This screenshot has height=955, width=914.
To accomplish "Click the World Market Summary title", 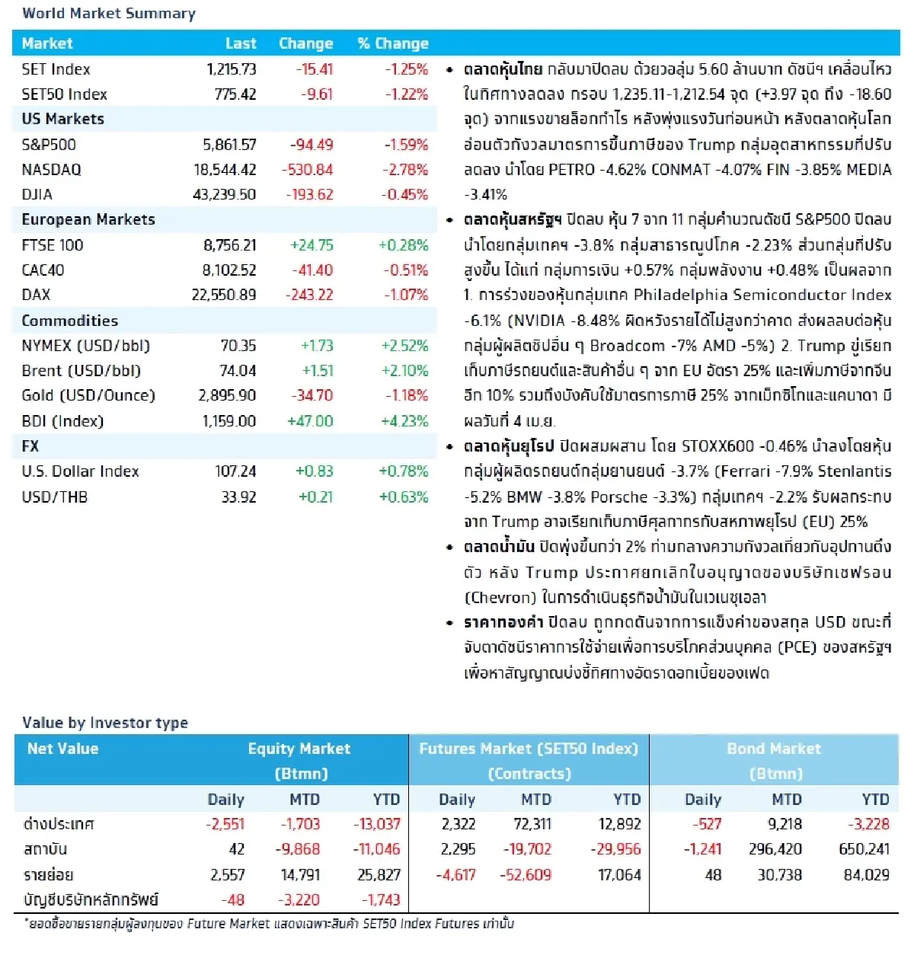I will [x=108, y=14].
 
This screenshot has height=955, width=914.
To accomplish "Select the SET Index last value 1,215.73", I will [x=231, y=69].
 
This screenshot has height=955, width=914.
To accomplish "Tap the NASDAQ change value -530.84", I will [x=308, y=170].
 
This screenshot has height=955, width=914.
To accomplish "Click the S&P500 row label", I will [x=49, y=145].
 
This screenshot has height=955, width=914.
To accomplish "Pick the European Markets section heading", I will [x=88, y=220].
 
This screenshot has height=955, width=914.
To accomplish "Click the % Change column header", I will [x=393, y=43].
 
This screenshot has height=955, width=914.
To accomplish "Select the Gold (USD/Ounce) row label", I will [x=88, y=395].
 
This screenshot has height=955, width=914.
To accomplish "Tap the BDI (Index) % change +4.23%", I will [x=404, y=421].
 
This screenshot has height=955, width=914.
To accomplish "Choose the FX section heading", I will [x=30, y=446].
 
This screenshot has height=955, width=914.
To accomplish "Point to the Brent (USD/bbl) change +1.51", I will [x=317, y=371].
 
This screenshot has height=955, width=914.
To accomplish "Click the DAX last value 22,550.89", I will [x=223, y=295].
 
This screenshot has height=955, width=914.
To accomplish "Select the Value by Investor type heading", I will [x=105, y=723].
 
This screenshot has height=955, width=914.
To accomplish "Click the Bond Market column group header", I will [x=774, y=749].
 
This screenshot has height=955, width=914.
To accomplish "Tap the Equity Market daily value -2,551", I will [x=225, y=824].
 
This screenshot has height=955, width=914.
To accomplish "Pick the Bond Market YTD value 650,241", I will [x=864, y=849].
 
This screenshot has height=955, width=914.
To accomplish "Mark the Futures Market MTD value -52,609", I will [x=525, y=875].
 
